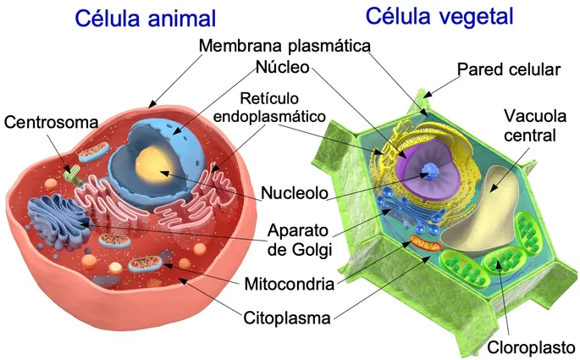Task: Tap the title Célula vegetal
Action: (x=439, y=15)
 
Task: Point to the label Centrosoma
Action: (x=51, y=122)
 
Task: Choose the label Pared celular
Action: (x=509, y=69)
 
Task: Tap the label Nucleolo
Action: (x=294, y=193)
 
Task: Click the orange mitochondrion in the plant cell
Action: (x=423, y=246)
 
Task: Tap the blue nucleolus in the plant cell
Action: (x=432, y=173)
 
